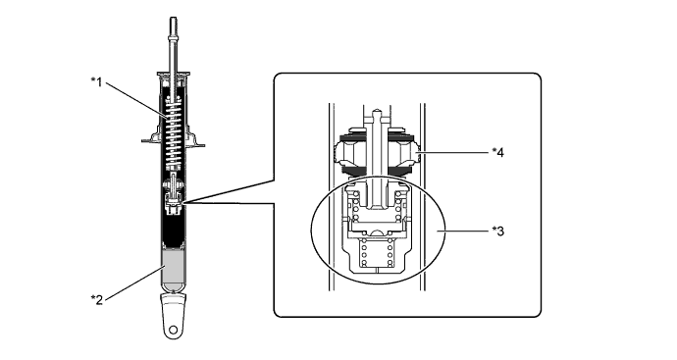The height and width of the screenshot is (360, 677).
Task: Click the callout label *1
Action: [x=97, y=81]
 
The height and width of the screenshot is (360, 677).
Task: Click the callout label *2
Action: [x=97, y=299]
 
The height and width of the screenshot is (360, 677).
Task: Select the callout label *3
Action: [x=497, y=231]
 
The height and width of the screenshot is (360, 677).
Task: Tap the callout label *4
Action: [x=497, y=152]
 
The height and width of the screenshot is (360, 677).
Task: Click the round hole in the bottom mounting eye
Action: [x=173, y=331]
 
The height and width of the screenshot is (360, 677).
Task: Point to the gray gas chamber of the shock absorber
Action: [x=173, y=268]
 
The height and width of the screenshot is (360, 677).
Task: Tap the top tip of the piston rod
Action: [x=173, y=18]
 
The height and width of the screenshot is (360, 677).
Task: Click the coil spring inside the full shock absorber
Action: [x=173, y=133]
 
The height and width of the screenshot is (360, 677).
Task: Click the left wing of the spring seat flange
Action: [x=152, y=137]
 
